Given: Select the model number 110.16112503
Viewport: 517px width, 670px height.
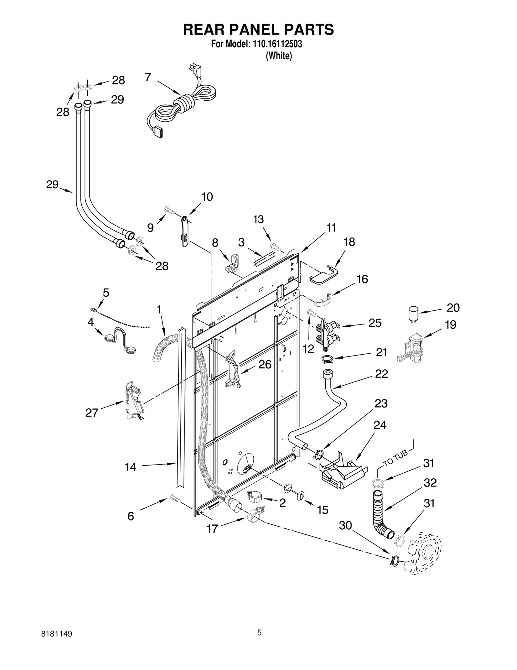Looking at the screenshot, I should pyautogui.click(x=276, y=44).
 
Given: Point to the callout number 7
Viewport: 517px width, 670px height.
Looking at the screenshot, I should pyautogui.click(x=148, y=77).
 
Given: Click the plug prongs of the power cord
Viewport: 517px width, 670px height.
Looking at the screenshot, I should pyautogui.click(x=195, y=69).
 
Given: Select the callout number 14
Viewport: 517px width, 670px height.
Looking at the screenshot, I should pyautogui.click(x=131, y=467).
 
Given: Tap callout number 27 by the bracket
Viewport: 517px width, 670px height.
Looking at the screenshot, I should pyautogui.click(x=92, y=412).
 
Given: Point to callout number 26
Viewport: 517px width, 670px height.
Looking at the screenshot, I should pyautogui.click(x=265, y=365).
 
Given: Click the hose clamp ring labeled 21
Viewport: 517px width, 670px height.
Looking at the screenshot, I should pyautogui.click(x=326, y=358).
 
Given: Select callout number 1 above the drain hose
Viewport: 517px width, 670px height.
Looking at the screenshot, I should pyautogui.click(x=159, y=310).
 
